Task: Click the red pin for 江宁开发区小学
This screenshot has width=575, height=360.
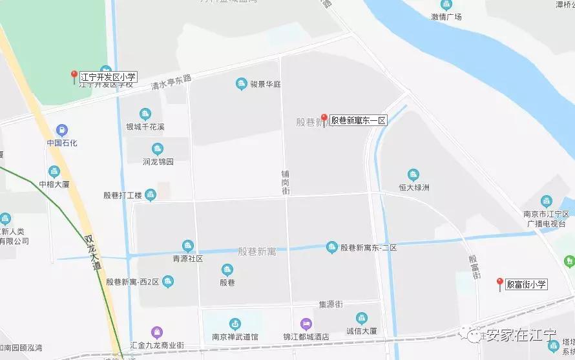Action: point(74,77)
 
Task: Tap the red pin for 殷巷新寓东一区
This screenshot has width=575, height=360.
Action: point(324,120)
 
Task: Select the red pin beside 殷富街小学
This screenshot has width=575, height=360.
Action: point(499,283)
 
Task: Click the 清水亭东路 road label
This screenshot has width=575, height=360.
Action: point(171,81)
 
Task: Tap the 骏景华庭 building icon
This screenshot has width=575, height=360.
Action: point(241,84)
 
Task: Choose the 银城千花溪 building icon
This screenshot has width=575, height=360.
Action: point(145,114)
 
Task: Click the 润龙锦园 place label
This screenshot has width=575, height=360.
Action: point(158,162)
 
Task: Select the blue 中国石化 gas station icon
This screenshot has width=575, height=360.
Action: point(62,130)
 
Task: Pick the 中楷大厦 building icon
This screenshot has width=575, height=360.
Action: point(54,171)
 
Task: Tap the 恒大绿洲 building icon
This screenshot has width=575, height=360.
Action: point(413,175)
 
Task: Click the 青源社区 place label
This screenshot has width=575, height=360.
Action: point(187,258)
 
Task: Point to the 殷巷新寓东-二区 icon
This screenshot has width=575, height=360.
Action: point(331,247)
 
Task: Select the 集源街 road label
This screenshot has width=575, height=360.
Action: point(330,304)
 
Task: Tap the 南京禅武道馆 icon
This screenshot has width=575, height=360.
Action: point(235,323)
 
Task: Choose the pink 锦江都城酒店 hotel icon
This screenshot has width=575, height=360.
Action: point(305,323)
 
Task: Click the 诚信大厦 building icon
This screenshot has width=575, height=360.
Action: point(361,318)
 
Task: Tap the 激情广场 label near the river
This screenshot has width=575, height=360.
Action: point(446,17)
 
